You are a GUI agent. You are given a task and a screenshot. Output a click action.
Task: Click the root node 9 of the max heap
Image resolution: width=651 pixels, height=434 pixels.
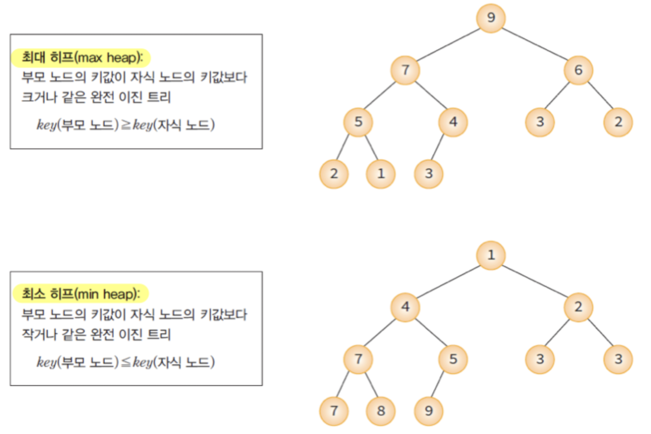click(491, 18)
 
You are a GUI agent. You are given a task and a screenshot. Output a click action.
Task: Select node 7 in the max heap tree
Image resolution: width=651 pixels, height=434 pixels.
click(405, 70)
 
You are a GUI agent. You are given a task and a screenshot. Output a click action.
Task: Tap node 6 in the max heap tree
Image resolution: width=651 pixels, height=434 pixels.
click(578, 70)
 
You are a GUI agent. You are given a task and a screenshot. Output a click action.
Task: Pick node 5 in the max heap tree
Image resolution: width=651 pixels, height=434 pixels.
click(359, 122)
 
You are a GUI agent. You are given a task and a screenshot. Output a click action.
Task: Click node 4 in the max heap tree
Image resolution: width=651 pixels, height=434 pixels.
click(453, 122)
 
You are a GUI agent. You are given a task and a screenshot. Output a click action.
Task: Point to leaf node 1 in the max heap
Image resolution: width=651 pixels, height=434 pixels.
click(381, 173)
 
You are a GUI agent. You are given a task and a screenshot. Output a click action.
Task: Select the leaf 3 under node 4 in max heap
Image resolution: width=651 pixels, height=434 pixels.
click(429, 173)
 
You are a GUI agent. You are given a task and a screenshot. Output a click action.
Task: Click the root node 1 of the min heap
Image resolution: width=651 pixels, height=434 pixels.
click(491, 255)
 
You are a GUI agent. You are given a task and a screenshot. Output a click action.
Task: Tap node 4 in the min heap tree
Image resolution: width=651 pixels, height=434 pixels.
click(405, 307)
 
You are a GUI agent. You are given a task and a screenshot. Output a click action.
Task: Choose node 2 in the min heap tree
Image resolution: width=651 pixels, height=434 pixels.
click(578, 307)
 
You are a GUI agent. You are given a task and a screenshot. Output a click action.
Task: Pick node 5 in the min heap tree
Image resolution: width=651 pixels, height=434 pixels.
click(453, 359)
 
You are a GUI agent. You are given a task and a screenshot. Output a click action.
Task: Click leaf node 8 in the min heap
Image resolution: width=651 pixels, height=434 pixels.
click(381, 410)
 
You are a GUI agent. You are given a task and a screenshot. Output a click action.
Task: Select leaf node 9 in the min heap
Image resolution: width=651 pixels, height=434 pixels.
click(429, 410)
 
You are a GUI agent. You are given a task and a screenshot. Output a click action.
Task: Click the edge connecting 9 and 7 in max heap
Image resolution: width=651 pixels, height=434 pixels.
click(448, 45)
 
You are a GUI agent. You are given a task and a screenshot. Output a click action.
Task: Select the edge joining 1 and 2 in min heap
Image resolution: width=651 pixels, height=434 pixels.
click(535, 281)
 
